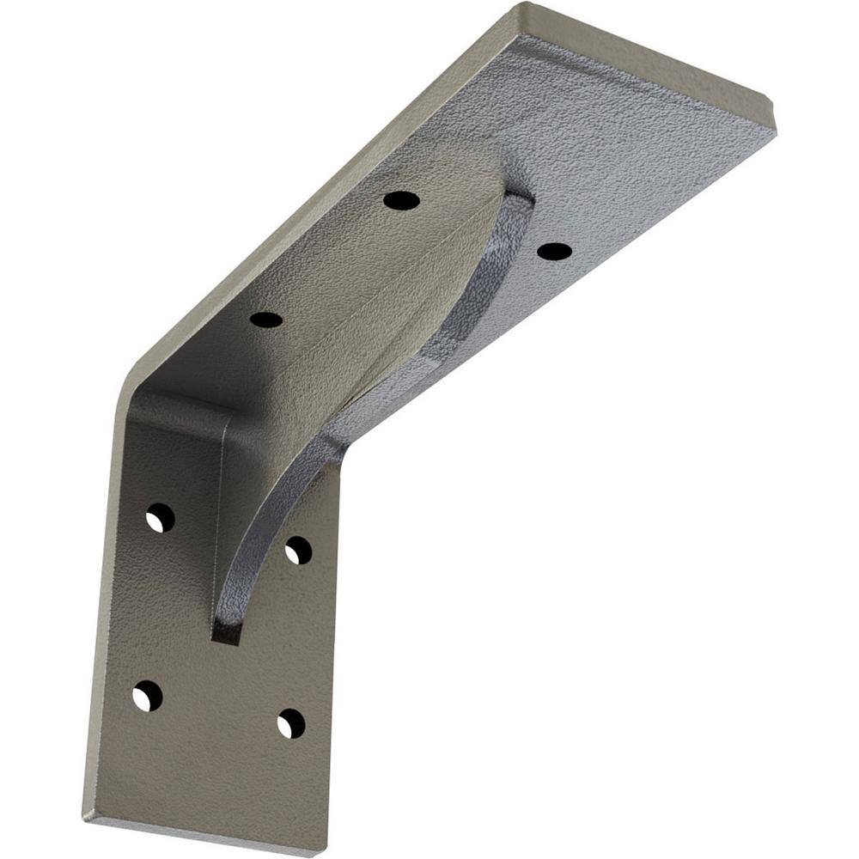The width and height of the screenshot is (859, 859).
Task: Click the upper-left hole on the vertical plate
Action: pyautogui.click(x=160, y=518)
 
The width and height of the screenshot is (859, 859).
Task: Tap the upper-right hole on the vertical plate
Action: pyautogui.click(x=298, y=550)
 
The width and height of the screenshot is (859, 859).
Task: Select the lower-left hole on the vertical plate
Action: pyautogui.click(x=147, y=695)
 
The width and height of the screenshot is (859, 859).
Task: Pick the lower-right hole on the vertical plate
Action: pyautogui.click(x=291, y=723)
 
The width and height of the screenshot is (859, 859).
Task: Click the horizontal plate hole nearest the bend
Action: pyautogui.click(x=266, y=320)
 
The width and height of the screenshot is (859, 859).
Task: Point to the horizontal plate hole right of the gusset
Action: pyautogui.click(x=554, y=251)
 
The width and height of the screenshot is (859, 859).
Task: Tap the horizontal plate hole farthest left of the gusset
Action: pyautogui.click(x=401, y=200)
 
